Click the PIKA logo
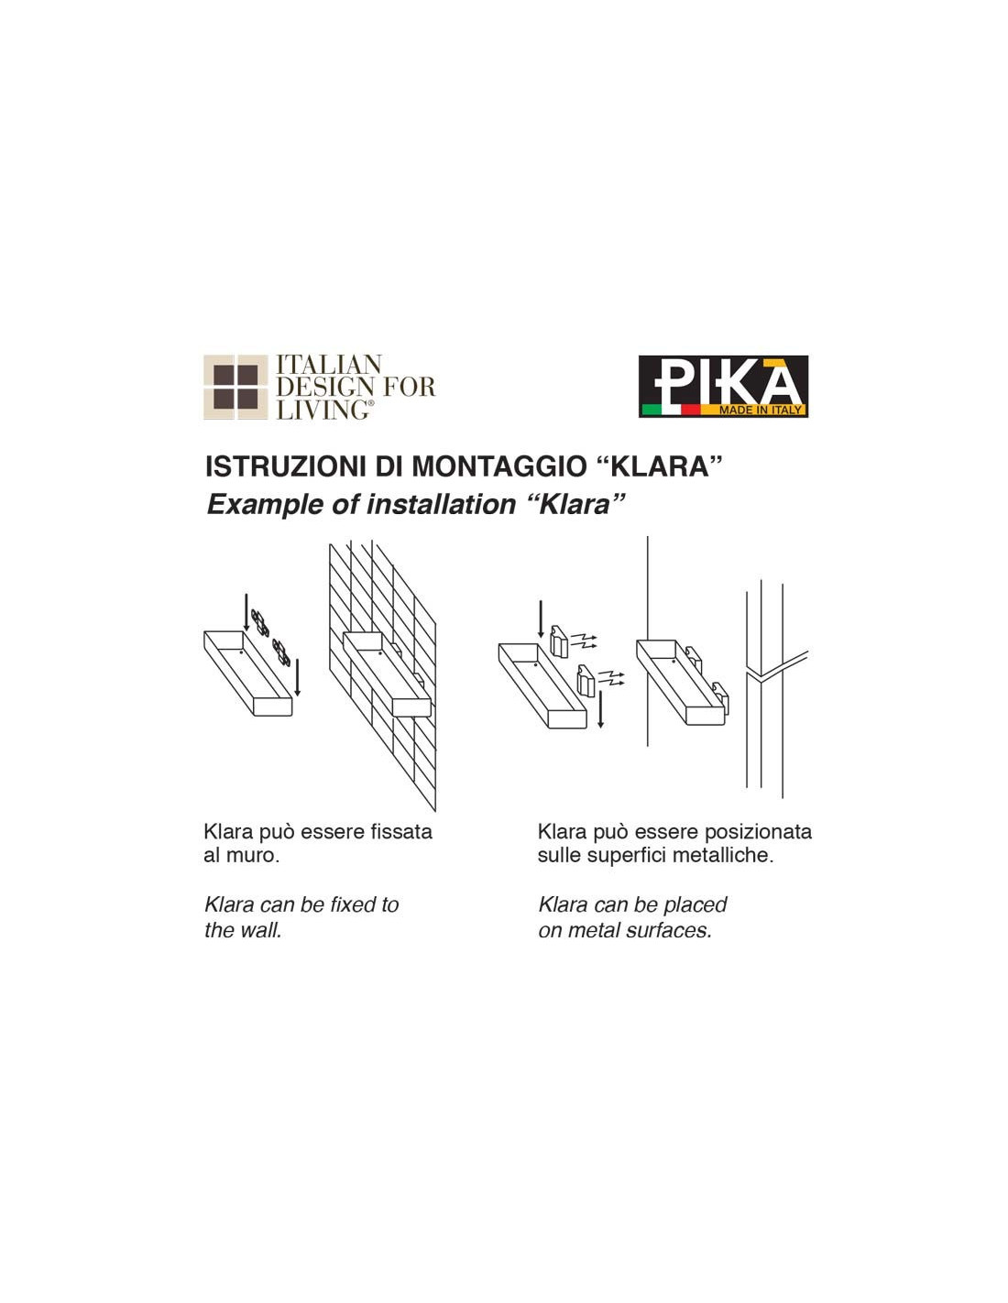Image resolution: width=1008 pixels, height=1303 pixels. pyautogui.click(x=723, y=386)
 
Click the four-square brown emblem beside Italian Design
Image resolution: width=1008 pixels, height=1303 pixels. pyautogui.click(x=236, y=387)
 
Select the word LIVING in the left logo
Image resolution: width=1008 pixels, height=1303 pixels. pyautogui.click(x=323, y=410)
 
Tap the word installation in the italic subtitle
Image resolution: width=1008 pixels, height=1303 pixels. pyautogui.click(x=441, y=504)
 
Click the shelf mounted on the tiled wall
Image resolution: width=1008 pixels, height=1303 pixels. pyautogui.click(x=387, y=674)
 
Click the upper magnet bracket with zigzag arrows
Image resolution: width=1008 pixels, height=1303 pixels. pyautogui.click(x=558, y=640)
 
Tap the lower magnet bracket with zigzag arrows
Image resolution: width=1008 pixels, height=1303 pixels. pyautogui.click(x=586, y=680)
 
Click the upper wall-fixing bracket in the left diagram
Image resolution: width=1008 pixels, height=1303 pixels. pyautogui.click(x=259, y=622)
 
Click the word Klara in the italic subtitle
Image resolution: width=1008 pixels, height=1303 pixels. pyautogui.click(x=575, y=504)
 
